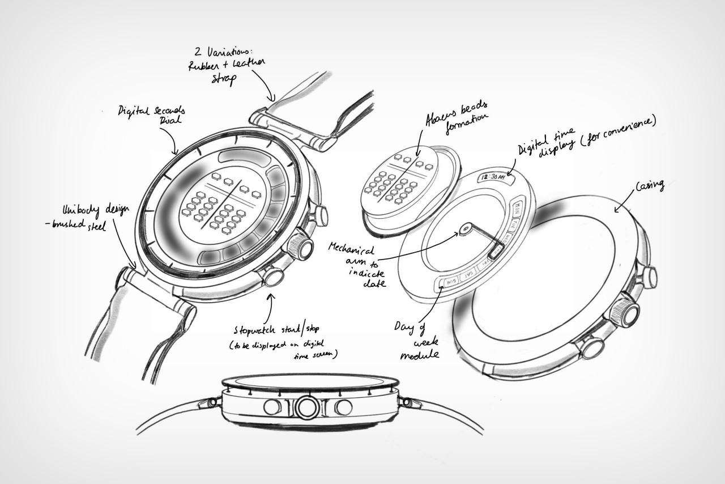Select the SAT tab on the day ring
[x=469, y=275]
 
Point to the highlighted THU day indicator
[x=496, y=250]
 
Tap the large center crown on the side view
[x=306, y=407]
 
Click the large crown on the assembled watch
[x=301, y=247]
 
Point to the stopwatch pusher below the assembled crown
[x=274, y=277]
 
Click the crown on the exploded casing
[x=627, y=311]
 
